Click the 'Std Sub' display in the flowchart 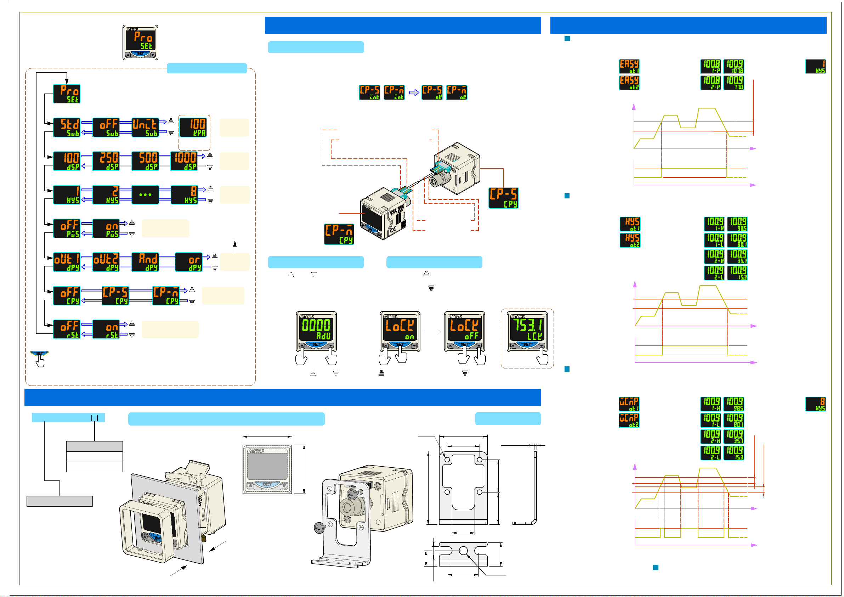click(x=67, y=127)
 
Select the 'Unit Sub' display click(x=145, y=127)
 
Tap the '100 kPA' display click(x=193, y=127)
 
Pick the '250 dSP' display click(x=106, y=161)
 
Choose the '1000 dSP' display click(x=184, y=161)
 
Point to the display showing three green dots click(x=145, y=195)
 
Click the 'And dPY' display click(x=145, y=262)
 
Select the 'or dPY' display click(x=188, y=262)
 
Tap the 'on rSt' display click(x=106, y=329)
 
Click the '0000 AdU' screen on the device click(x=316, y=328)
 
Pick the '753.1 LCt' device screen click(x=527, y=328)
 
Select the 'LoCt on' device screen click(x=400, y=328)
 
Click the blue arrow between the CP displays click(x=414, y=93)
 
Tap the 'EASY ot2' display click(x=629, y=83)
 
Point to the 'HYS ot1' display click(x=630, y=224)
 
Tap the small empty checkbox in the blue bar click(x=95, y=418)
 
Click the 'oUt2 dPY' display click(x=106, y=262)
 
